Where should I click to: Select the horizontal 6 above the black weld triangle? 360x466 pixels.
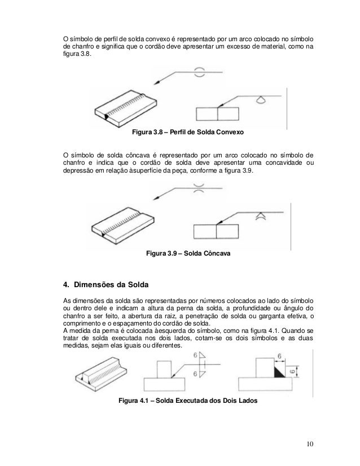click(x=279, y=357)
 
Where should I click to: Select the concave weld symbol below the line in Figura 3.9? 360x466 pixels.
click(x=260, y=216)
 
